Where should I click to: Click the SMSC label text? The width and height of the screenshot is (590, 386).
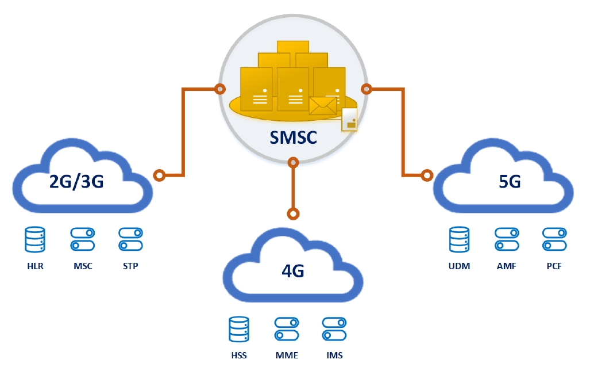tap(293, 137)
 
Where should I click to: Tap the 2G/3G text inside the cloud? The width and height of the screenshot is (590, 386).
tap(77, 181)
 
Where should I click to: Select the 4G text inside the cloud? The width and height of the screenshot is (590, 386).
tap(293, 270)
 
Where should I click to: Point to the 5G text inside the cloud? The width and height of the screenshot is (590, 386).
tap(510, 182)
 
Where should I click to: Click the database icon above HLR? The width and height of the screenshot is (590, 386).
tap(35, 239)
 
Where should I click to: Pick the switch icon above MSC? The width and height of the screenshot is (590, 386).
tap(82, 239)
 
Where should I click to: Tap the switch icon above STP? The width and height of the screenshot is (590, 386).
tap(130, 239)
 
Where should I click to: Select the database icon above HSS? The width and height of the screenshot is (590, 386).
tap(239, 329)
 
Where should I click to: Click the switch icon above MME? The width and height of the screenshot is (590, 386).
tap(287, 329)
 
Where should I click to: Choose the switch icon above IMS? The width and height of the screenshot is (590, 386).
tap(334, 329)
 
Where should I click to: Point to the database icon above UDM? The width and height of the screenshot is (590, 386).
tap(460, 239)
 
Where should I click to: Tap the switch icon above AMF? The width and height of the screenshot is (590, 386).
tap(507, 239)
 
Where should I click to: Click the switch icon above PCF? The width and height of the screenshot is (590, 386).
tap(554, 239)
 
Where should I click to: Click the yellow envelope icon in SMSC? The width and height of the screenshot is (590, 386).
tap(323, 105)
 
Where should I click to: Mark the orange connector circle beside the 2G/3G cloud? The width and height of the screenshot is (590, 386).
tap(160, 175)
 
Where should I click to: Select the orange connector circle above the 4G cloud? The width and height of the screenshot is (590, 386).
tap(293, 214)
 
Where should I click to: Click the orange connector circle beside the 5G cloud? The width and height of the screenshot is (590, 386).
tap(427, 175)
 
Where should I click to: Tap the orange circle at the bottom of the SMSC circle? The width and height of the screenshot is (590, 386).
tap(293, 162)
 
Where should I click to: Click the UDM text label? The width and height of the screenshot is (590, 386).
tap(460, 266)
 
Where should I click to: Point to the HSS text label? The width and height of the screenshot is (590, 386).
tap(239, 356)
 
